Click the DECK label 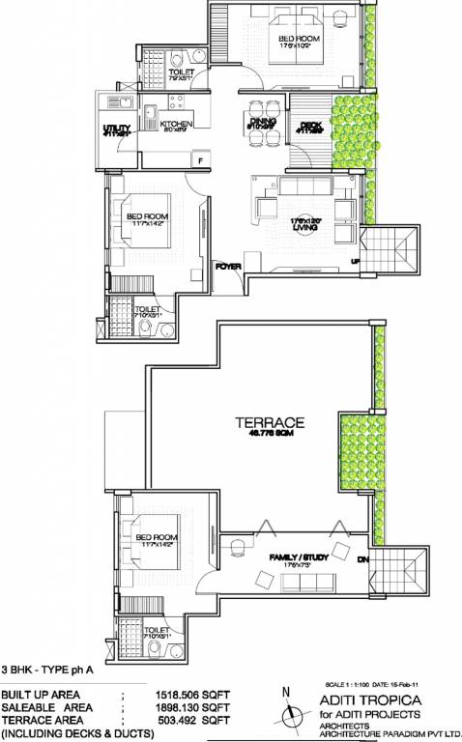[309, 125]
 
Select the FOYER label [227, 265]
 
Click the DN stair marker [364, 559]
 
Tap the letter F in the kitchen [200, 159]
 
